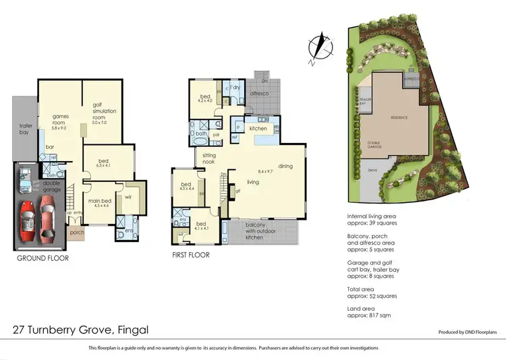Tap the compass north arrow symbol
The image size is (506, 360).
(x=316, y=49)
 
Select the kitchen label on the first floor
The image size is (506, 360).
(x=258, y=128)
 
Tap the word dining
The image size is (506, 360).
(x=285, y=166)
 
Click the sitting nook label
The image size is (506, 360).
(x=208, y=158)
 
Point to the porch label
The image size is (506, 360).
(x=76, y=234)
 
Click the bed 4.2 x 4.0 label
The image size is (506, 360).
(x=205, y=98)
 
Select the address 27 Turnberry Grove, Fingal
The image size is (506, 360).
(x=81, y=330)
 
